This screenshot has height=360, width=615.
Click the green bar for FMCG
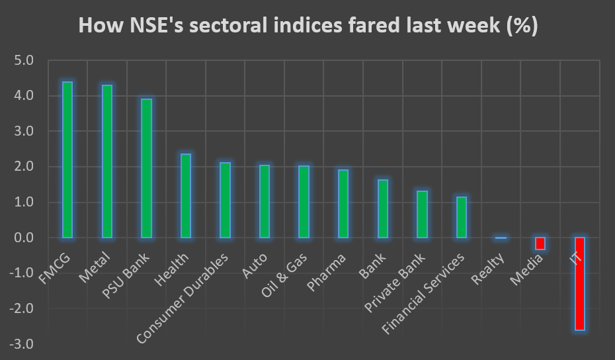pos(67,159)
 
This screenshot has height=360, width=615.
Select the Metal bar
pos(106,161)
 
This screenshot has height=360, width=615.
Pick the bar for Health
pos(186,196)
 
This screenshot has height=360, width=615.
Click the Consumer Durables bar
pos(225,200)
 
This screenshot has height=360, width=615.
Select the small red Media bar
pos(540,244)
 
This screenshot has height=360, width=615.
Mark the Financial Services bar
pos(462,217)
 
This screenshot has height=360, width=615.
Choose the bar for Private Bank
pos(422,214)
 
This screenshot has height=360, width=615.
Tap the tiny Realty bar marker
pos(501,238)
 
